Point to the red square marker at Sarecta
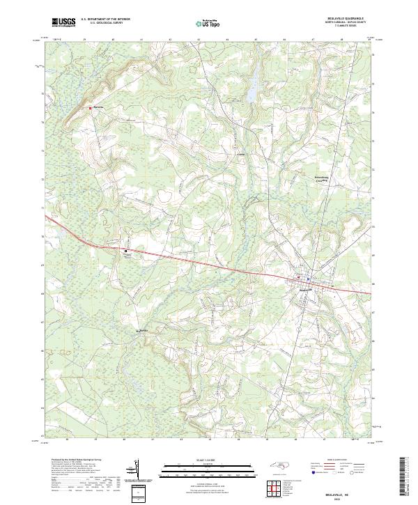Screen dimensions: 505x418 pyautogui.click(x=91, y=108)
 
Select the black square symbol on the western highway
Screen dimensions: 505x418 pyautogui.click(x=126, y=251)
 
